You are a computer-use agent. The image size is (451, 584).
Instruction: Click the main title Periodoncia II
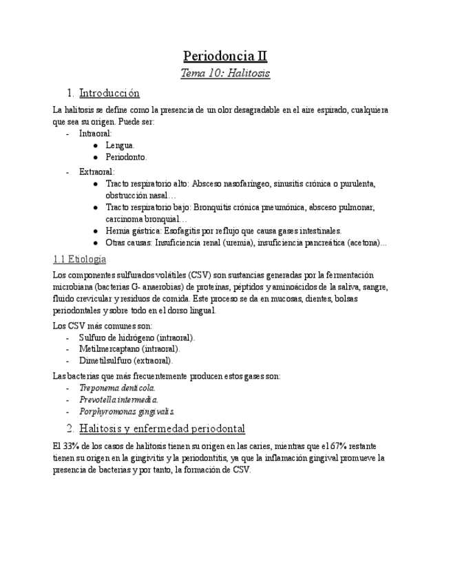pyautogui.click(x=225, y=56)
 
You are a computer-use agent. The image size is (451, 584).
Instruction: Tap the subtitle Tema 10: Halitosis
pyautogui.click(x=225, y=73)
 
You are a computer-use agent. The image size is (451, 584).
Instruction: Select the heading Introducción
pyautogui.click(x=109, y=92)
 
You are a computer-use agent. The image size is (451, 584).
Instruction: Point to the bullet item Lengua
pyautogui.click(x=120, y=145)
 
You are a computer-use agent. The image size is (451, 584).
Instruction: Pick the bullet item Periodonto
pyautogui.click(x=126, y=157)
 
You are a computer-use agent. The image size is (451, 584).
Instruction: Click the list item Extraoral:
pyautogui.click(x=96, y=171)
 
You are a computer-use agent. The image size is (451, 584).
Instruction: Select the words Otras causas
pyautogui.click(x=129, y=242)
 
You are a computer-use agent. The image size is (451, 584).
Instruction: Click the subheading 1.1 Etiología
pyautogui.click(x=79, y=259)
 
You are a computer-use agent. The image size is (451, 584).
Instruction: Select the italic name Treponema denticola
pyautogui.click(x=117, y=388)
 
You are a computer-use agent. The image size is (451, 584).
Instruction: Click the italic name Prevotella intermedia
pyautogui.click(x=118, y=399)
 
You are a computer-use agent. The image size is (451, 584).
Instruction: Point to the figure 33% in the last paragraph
pyautogui.click(x=72, y=446)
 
